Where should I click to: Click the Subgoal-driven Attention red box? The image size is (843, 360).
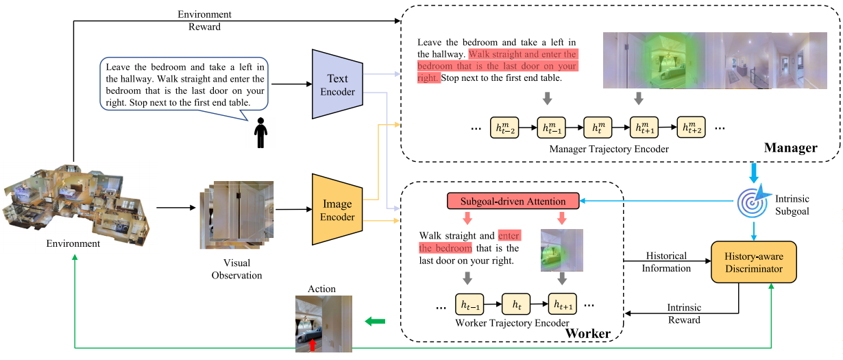pos(513,201)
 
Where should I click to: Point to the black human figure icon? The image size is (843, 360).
pos(260,133)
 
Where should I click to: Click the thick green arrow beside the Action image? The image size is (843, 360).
pos(374,320)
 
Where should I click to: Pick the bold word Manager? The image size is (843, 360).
pos(790,147)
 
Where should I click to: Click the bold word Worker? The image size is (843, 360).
pos(587,333)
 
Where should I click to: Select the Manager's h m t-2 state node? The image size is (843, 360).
pos(505,128)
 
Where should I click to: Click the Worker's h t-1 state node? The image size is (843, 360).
pos(469,302)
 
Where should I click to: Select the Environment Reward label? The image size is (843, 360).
pos(204,21)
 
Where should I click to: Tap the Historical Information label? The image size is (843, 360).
pos(667,262)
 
